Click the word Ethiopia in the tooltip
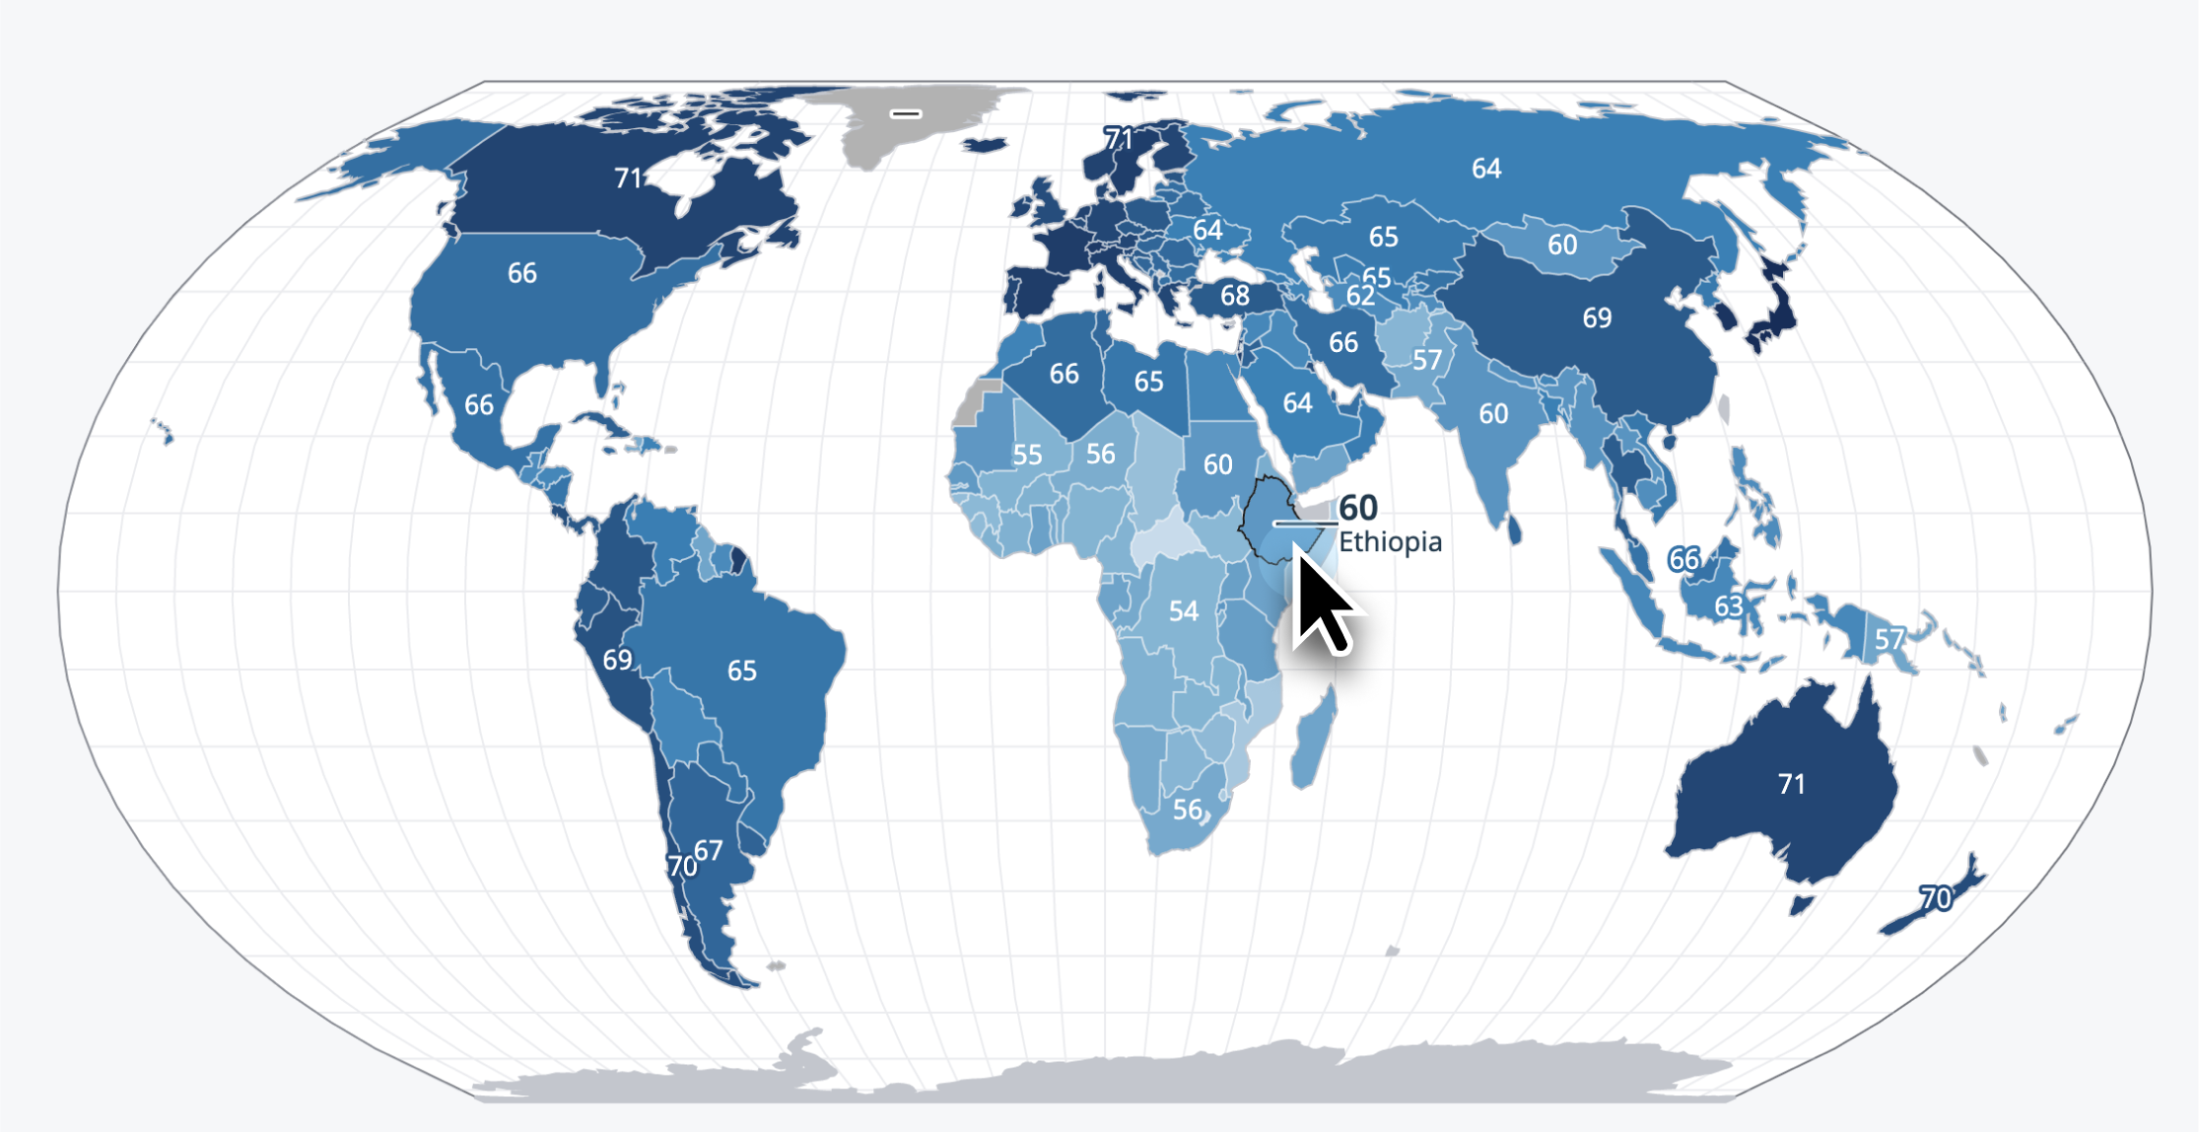1390,541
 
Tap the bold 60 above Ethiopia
1358,508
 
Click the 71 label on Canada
629,178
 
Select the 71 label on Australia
1791,784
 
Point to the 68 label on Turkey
1235,295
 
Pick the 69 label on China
1597,318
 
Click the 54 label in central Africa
1184,611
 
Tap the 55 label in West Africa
1027,455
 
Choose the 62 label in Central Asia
1360,296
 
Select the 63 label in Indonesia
1728,605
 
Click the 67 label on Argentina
708,850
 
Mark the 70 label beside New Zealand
1935,898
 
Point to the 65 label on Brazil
741,671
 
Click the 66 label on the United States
522,273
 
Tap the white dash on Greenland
905,113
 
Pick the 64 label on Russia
1486,169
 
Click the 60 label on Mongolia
1561,245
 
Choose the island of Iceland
984,145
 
